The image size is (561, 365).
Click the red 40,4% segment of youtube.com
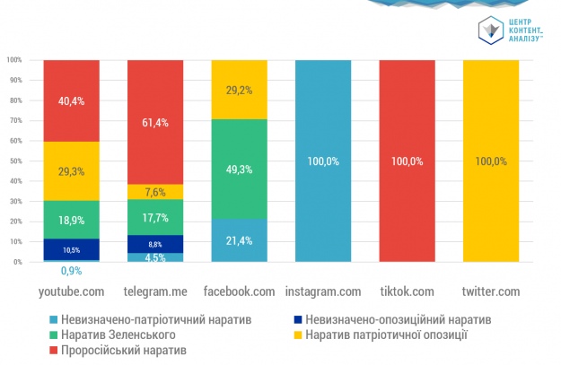pos(71,100)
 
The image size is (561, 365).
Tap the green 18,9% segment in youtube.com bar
pos(71,219)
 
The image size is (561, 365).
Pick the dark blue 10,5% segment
pos(71,249)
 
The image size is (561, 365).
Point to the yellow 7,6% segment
pos(155,191)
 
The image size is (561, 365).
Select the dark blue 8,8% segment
pos(155,244)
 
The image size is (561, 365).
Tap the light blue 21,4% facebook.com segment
pos(240,240)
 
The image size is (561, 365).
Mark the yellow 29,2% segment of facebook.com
pos(240,90)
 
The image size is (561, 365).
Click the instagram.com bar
pos(323,161)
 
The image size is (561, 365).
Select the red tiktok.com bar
pos(408,161)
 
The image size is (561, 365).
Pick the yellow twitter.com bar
pos(491,161)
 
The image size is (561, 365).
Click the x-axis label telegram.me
pos(155,291)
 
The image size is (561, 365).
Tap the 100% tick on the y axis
pos(13,60)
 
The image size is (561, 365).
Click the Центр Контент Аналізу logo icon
pos(488,30)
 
